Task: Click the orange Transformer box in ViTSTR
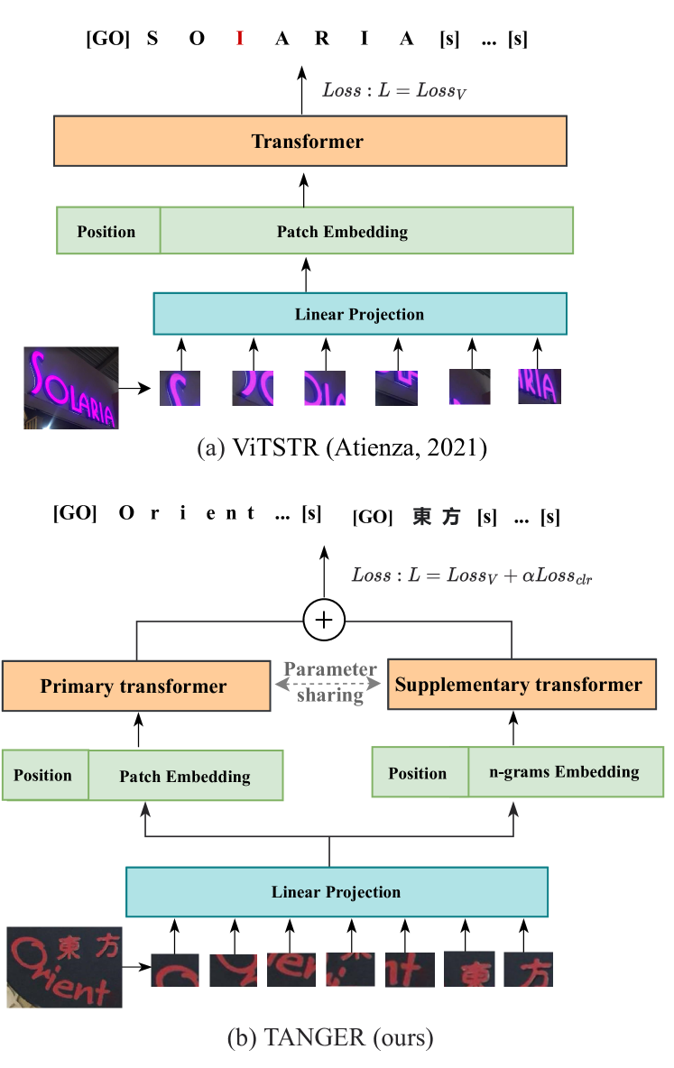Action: coord(309,142)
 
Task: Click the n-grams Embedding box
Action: coord(565,772)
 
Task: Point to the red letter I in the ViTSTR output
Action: coord(239,39)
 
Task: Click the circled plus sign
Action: coord(324,621)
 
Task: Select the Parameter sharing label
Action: coord(330,683)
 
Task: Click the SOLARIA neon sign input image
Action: coord(70,388)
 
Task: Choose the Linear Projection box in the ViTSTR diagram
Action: coord(359,314)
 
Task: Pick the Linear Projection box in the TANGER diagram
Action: coord(336,892)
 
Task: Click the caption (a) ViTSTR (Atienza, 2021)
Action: coord(341,448)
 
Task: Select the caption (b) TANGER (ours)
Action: coord(329,1038)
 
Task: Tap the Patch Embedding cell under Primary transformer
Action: coord(185,776)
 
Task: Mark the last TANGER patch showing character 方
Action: coord(528,970)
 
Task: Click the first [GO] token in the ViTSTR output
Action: coord(107,39)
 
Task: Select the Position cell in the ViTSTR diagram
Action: coord(106,231)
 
